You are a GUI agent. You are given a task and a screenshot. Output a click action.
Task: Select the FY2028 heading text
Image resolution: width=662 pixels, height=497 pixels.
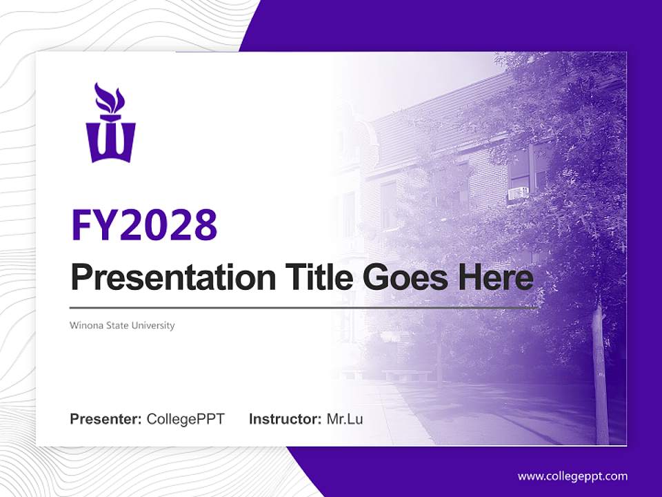144,224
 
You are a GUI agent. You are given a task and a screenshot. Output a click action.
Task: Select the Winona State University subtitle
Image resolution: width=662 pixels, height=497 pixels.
122,325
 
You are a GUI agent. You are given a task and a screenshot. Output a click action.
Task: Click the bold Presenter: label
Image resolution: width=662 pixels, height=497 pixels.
106,419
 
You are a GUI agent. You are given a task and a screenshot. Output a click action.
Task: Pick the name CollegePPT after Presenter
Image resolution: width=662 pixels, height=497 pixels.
185,419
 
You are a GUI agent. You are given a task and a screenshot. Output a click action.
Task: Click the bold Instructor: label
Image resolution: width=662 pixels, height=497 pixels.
285,419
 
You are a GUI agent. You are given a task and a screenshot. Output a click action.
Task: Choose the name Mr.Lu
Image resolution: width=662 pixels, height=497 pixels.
345,419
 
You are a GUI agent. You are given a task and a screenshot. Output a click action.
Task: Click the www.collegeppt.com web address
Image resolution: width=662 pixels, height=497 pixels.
572,476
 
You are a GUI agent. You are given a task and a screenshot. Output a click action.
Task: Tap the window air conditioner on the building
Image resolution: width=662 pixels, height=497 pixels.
518,193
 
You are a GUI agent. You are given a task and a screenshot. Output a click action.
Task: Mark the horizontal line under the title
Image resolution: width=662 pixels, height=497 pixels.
303,307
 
